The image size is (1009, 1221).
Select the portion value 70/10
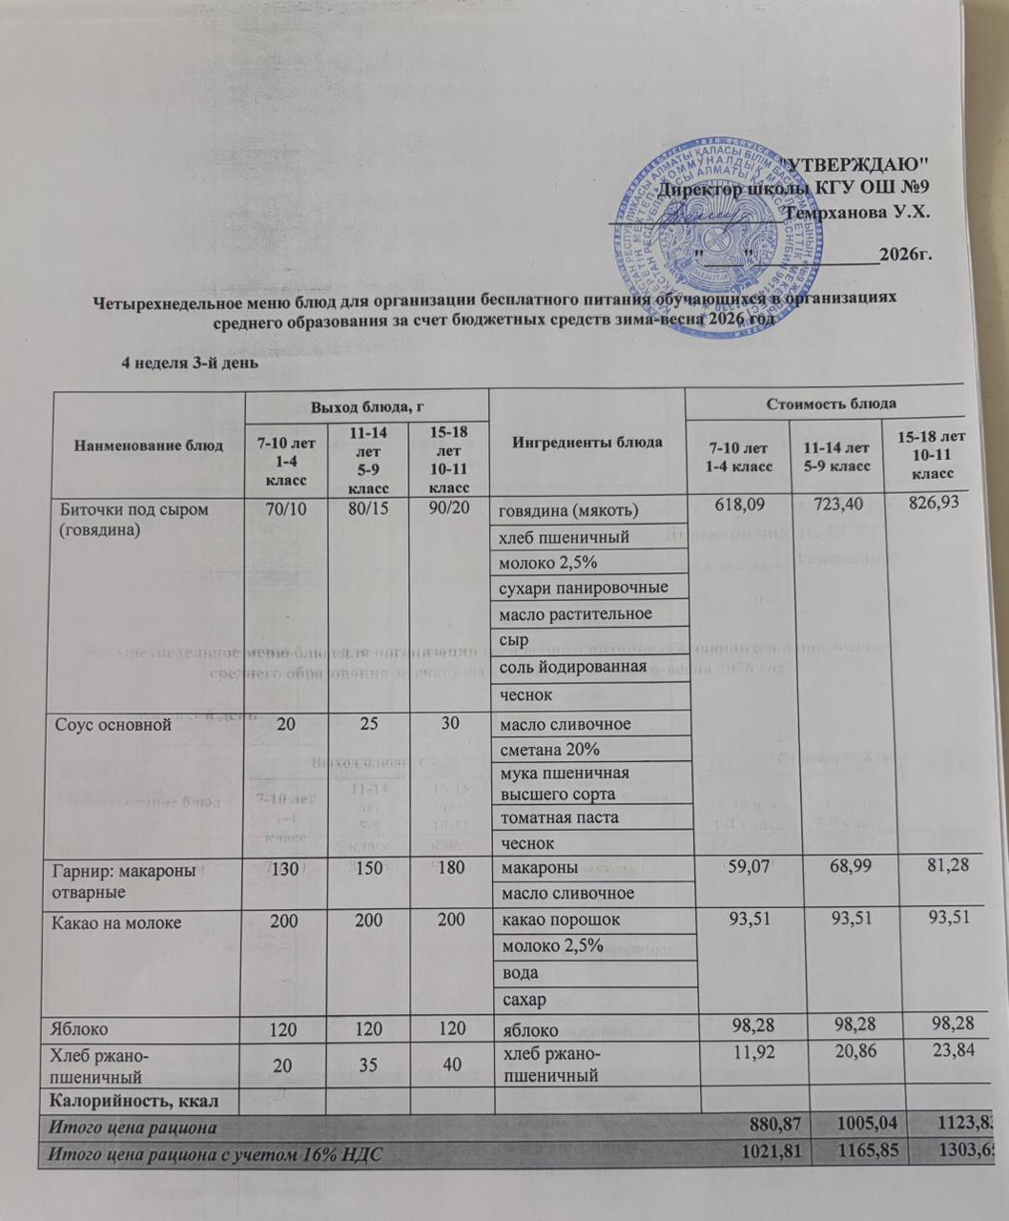click(x=286, y=509)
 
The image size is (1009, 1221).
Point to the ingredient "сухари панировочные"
click(x=583, y=587)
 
